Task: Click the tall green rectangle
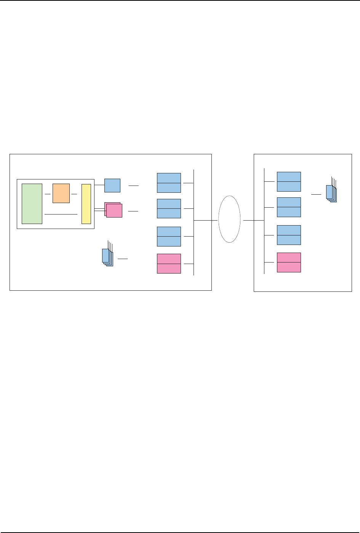tap(32, 203)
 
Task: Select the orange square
tap(61, 193)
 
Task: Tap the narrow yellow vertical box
tap(86, 204)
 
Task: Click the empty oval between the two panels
tap(229, 219)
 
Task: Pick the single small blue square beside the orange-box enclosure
tap(112, 185)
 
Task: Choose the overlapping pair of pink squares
tap(114, 210)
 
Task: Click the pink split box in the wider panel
tap(169, 264)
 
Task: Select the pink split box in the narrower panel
tap(289, 262)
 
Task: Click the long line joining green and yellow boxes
tap(61, 214)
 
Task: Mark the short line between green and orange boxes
tap(48, 194)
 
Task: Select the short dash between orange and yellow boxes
tap(74, 194)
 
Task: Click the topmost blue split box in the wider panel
tap(169, 183)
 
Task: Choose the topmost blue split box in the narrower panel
tap(289, 181)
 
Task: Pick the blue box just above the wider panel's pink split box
tap(169, 237)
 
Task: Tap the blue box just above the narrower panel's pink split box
tap(289, 235)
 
